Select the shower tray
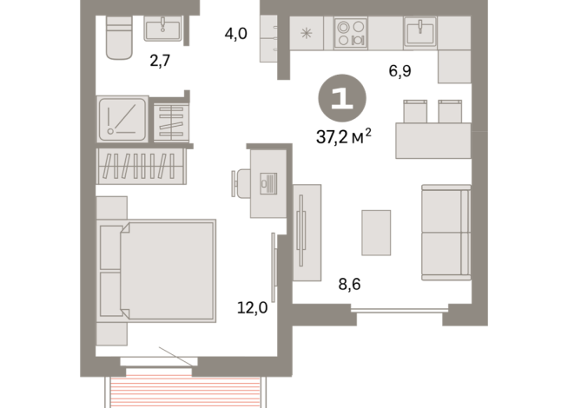(122, 119)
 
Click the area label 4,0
(237, 35)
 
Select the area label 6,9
(400, 71)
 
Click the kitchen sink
(420, 33)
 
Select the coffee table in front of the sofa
(376, 233)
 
